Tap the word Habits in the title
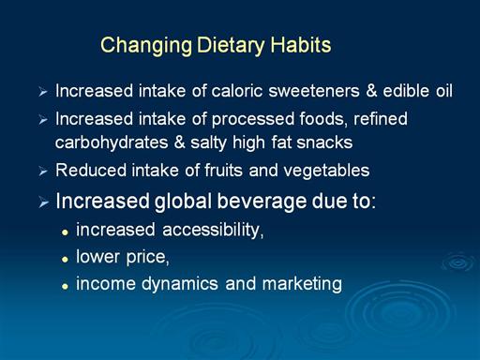(301, 45)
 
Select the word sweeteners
(314, 91)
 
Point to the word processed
(253, 120)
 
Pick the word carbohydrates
(112, 143)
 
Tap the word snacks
(324, 142)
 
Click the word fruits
(223, 171)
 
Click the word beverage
(262, 202)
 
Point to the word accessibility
(213, 231)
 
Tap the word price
(147, 258)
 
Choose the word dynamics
(180, 284)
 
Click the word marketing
(302, 284)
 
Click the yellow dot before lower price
(65, 259)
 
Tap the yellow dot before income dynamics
(65, 286)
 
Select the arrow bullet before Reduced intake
(43, 172)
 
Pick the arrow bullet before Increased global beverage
(44, 202)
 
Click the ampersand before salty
(179, 142)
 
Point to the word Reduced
(91, 171)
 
